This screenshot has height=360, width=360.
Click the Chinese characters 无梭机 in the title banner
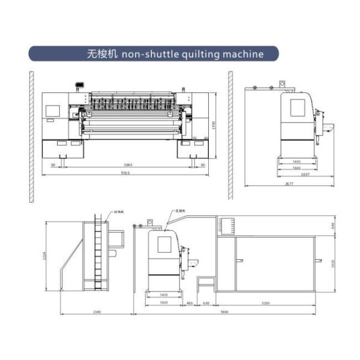[102, 54]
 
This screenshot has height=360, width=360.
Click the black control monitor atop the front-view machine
[77, 85]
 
